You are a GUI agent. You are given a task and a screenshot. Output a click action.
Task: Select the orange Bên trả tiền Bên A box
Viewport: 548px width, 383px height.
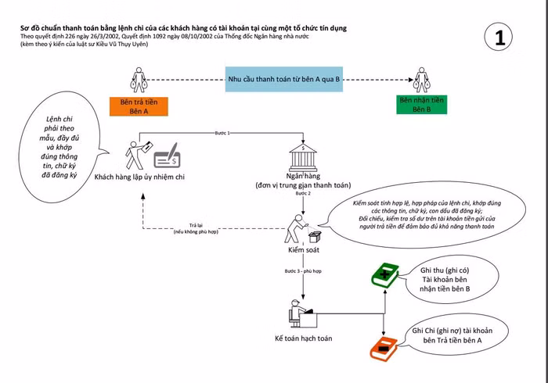(x=139, y=106)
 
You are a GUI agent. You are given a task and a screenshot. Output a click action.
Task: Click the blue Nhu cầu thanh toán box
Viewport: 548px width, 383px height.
(x=283, y=80)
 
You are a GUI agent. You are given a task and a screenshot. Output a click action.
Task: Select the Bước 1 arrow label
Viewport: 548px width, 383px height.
(x=222, y=134)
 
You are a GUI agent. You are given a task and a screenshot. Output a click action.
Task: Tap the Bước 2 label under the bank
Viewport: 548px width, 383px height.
(x=303, y=193)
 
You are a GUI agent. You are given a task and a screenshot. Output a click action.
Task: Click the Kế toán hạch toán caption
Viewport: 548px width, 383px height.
(x=303, y=338)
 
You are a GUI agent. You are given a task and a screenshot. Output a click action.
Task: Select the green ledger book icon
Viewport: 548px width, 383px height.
(x=384, y=274)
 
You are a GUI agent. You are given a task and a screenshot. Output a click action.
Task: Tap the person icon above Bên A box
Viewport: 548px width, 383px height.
(x=139, y=79)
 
